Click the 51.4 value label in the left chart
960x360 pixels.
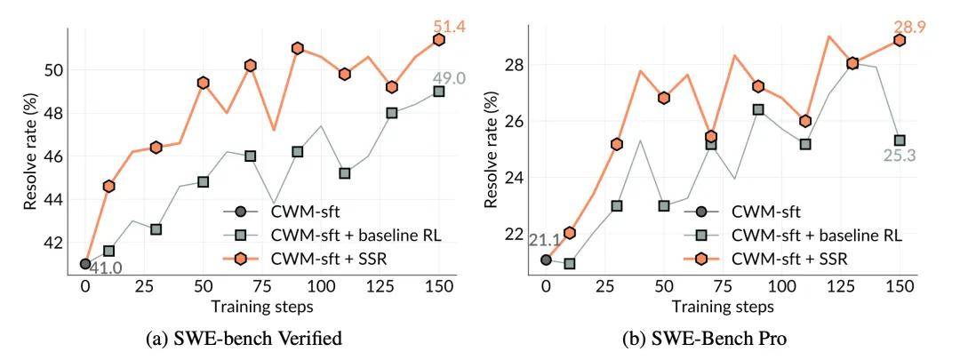(x=438, y=26)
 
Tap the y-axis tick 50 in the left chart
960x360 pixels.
(x=53, y=70)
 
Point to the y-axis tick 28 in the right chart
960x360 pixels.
(x=514, y=66)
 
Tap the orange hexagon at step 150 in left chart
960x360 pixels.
(x=439, y=40)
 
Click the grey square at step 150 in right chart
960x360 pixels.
(x=900, y=140)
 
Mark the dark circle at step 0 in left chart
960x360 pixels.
(x=85, y=264)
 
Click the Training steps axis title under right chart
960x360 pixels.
(x=723, y=307)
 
